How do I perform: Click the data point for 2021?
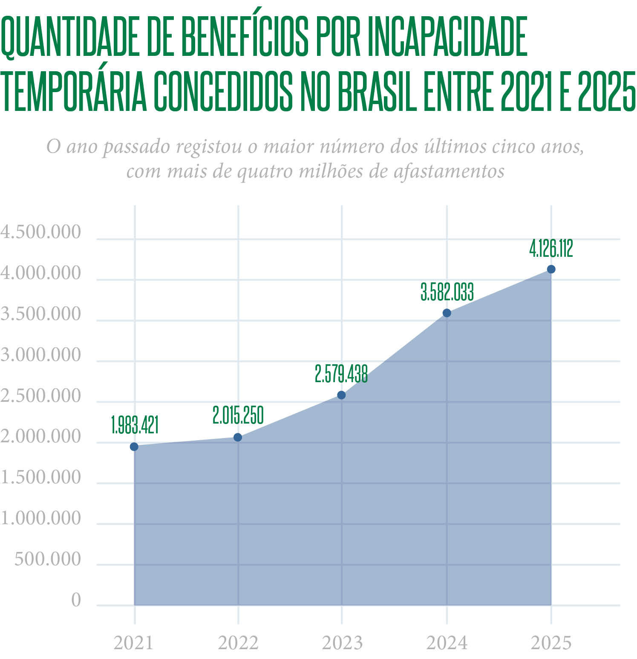[x=134, y=447]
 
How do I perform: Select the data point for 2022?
[x=238, y=437]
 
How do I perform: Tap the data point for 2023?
[x=341, y=395]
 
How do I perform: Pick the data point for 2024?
[x=447, y=313]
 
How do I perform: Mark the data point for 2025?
[x=551, y=269]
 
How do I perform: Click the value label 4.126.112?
[x=551, y=249]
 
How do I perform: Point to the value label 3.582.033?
[x=447, y=293]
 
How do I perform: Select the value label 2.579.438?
[x=341, y=374]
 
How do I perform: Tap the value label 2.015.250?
[x=238, y=415]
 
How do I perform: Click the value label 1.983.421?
[x=135, y=425]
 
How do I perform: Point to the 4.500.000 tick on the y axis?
[x=40, y=232]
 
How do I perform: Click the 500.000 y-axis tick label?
[x=47, y=559]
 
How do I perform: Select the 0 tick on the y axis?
[x=76, y=600]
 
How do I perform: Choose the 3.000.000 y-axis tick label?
[x=40, y=355]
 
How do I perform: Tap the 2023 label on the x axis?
[x=342, y=643]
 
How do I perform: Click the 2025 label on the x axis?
[x=551, y=643]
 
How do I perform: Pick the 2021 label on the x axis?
[x=133, y=643]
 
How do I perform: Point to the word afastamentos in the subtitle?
[x=449, y=171]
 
